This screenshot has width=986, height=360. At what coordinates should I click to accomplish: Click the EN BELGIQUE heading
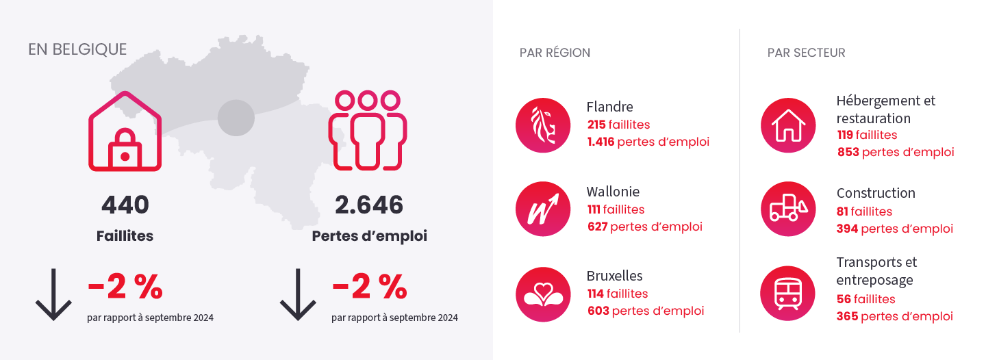(77, 50)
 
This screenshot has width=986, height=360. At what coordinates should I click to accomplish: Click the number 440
(125, 205)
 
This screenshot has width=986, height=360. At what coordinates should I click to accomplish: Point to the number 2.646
(369, 205)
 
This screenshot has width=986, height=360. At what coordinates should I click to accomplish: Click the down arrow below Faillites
(53, 295)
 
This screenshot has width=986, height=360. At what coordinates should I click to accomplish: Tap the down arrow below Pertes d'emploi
(298, 295)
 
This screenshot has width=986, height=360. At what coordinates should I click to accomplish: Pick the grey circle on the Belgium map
(236, 118)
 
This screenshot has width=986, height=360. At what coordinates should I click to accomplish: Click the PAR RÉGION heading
(555, 53)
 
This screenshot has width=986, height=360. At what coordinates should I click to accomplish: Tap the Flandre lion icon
(543, 125)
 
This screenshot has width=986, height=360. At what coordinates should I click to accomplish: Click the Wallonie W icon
(543, 209)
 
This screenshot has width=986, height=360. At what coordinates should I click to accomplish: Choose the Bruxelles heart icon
(543, 294)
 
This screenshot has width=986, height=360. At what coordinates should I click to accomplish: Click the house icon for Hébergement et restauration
(788, 125)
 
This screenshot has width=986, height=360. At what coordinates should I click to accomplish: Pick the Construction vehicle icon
(788, 209)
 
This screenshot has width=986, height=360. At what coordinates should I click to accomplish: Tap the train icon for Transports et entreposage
(788, 294)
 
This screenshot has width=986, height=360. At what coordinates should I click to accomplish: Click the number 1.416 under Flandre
(601, 142)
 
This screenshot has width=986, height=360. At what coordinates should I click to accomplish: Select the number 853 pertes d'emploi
(848, 152)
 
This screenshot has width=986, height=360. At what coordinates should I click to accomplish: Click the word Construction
(876, 193)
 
